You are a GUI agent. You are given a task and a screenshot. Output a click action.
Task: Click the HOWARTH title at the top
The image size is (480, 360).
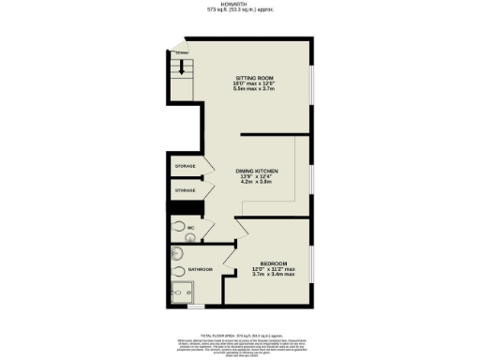click(x=240, y=4)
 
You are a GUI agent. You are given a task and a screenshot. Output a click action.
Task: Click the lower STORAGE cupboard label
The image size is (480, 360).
click(x=185, y=190)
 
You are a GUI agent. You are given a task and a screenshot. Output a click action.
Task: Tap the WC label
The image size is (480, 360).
click(x=190, y=227)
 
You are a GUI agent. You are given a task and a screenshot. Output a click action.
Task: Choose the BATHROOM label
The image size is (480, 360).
click(x=200, y=270)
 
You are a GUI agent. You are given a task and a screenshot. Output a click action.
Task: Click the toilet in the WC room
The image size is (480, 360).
click(x=178, y=226)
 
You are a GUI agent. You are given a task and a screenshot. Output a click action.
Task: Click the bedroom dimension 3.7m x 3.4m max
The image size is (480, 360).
click(x=273, y=274)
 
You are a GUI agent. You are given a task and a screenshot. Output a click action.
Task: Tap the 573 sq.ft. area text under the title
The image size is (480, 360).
click(x=240, y=10)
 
